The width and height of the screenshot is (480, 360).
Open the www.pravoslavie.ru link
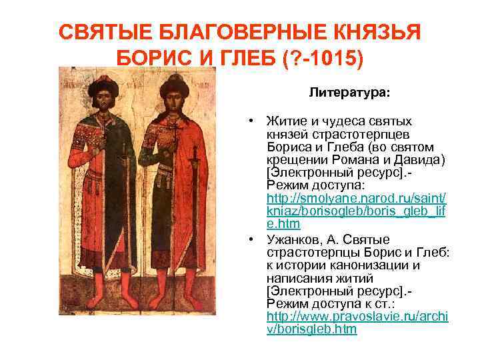[x=357, y=317]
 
